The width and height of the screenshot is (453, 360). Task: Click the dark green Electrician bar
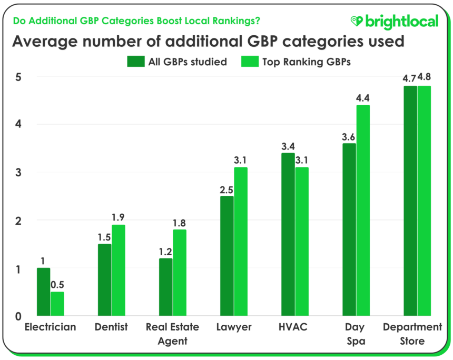pos(43,292)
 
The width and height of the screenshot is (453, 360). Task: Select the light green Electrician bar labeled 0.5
pos(57,304)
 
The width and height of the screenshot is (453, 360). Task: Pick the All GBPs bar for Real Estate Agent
pos(165,287)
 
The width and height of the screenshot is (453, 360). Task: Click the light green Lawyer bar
pos(241,242)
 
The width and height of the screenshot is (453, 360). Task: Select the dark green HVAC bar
pos(288,235)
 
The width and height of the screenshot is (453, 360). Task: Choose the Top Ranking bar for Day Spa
pos(363,211)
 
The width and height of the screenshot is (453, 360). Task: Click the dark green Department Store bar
pos(410,201)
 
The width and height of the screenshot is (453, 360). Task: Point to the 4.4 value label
pos(363,98)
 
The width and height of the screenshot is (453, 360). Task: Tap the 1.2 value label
pos(165,251)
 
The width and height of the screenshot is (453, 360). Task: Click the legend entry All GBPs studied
pos(177,62)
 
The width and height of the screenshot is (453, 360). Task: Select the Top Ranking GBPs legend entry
pos(296,62)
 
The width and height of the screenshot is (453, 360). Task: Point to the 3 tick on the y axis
pos(17,173)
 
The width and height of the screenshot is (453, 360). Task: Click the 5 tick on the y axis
pos(17,77)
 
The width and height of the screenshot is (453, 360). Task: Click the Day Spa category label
pos(356,334)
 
